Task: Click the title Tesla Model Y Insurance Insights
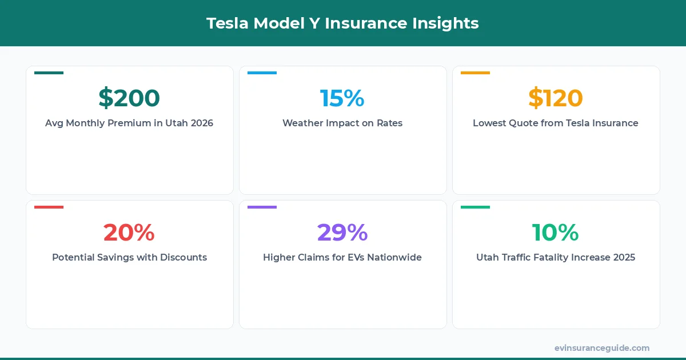(x=342, y=23)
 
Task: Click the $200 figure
(x=129, y=98)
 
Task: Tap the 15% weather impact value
(x=342, y=98)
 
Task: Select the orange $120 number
(x=556, y=98)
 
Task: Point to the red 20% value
(x=129, y=232)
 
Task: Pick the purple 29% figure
(x=342, y=232)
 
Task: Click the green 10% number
(x=556, y=232)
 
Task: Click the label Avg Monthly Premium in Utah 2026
(x=129, y=123)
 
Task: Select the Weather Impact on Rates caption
(x=342, y=123)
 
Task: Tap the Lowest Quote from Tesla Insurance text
(x=556, y=123)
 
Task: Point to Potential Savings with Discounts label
(x=129, y=257)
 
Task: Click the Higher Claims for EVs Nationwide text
(x=342, y=257)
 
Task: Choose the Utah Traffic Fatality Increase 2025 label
(x=556, y=257)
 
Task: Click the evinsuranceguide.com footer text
(x=602, y=348)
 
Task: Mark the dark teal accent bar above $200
(x=49, y=73)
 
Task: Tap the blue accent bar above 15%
(x=262, y=73)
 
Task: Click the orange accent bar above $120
(x=475, y=73)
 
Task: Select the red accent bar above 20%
(x=49, y=207)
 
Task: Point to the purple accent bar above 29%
(x=262, y=207)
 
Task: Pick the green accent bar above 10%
(x=475, y=207)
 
